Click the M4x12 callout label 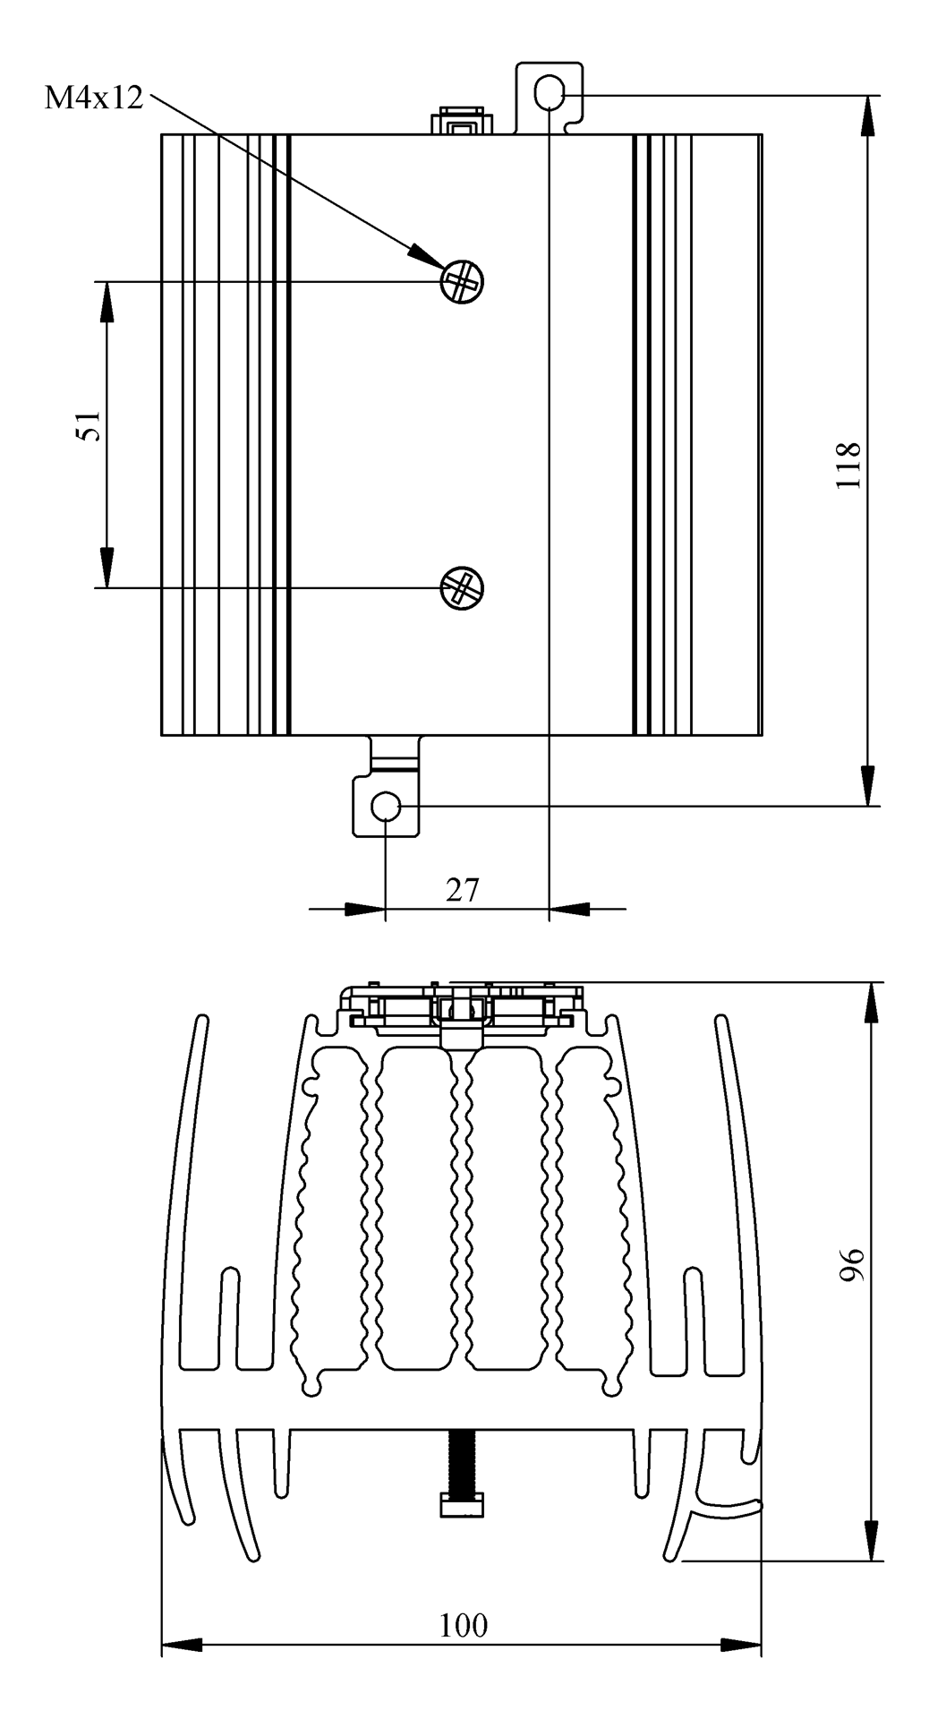click(x=94, y=98)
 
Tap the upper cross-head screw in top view click(x=462, y=282)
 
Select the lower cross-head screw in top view click(x=462, y=587)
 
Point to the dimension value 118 click(x=848, y=465)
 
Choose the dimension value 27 click(x=463, y=890)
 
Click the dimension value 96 click(x=853, y=1264)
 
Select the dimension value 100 click(x=464, y=1625)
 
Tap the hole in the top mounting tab click(x=549, y=91)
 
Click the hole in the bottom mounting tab click(x=386, y=807)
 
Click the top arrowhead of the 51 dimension click(x=107, y=301)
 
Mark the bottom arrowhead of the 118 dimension click(x=867, y=786)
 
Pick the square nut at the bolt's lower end click(x=462, y=1505)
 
